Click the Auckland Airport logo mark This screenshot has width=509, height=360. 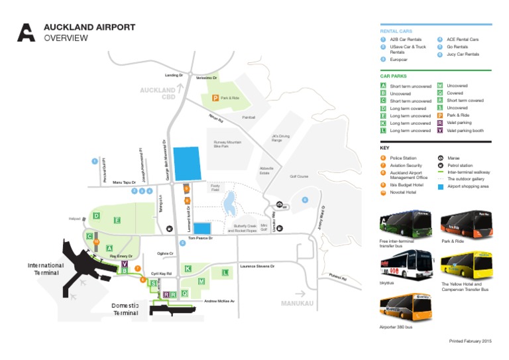tap(26, 32)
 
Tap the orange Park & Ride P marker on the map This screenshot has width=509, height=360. tap(215, 97)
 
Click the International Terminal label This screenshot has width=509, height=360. tap(46, 269)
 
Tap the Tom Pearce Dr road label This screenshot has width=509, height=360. tap(199, 237)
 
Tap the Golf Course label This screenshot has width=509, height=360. tap(299, 176)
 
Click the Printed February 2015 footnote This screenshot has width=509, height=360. tap(470, 341)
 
